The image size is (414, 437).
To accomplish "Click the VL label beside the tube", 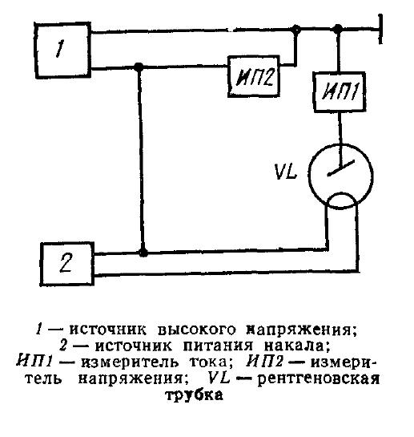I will point(287,172).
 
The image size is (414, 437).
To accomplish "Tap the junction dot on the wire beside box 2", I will point(143,252).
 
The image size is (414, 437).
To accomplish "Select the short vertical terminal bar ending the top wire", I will point(388,28).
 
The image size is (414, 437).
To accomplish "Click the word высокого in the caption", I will point(178,330).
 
